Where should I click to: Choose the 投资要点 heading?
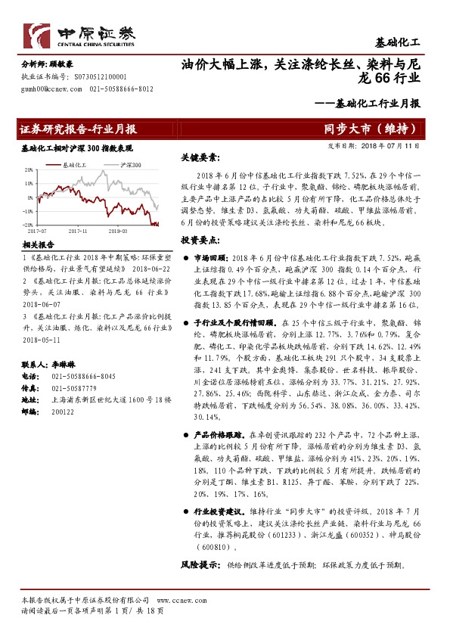[x=200, y=239]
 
